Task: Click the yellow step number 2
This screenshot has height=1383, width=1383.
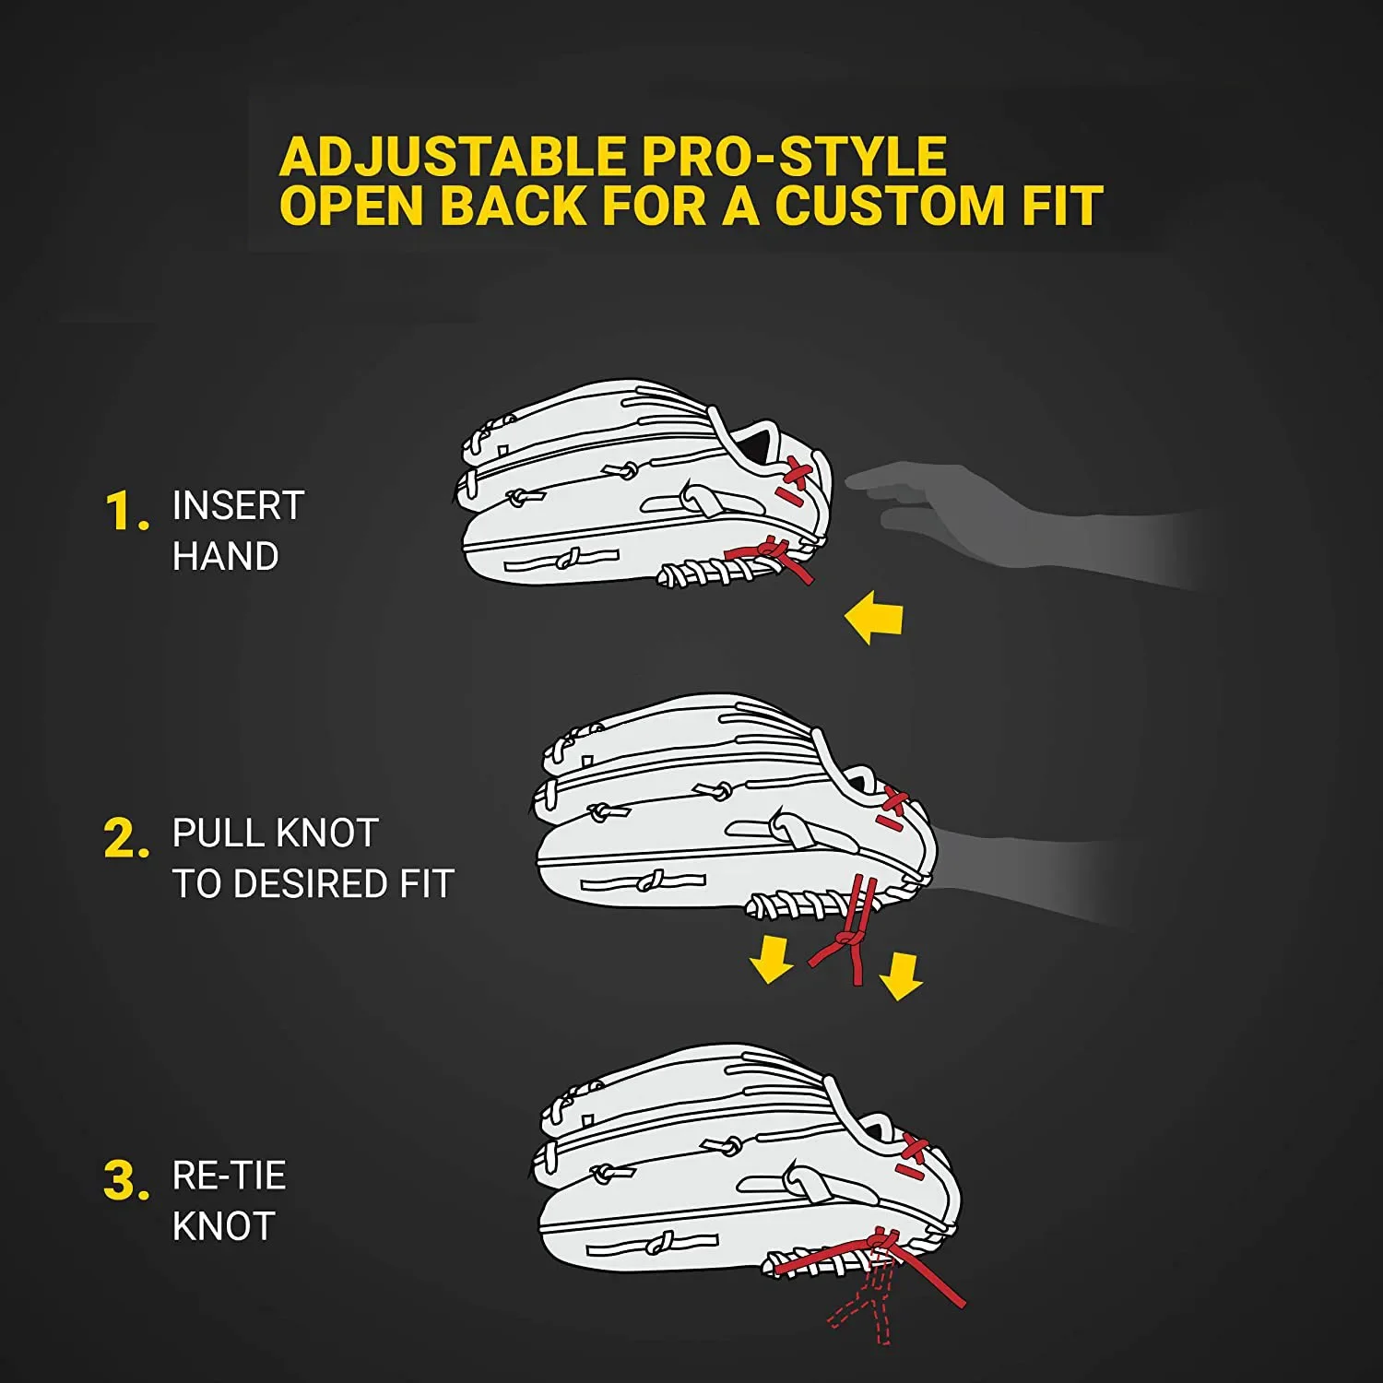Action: (x=123, y=839)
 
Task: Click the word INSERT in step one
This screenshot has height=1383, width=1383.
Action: (x=238, y=505)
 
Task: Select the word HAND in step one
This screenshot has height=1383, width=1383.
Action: (x=225, y=556)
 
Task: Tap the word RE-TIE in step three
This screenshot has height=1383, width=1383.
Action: (x=229, y=1176)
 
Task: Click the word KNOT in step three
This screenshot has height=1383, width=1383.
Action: (x=224, y=1227)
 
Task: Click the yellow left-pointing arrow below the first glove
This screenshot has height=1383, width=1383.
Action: (x=873, y=618)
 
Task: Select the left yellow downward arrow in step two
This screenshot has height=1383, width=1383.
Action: (x=771, y=959)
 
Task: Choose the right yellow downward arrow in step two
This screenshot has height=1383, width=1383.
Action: (x=901, y=976)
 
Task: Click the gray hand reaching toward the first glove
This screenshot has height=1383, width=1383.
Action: (x=968, y=516)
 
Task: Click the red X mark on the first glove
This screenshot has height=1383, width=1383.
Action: (x=794, y=476)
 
